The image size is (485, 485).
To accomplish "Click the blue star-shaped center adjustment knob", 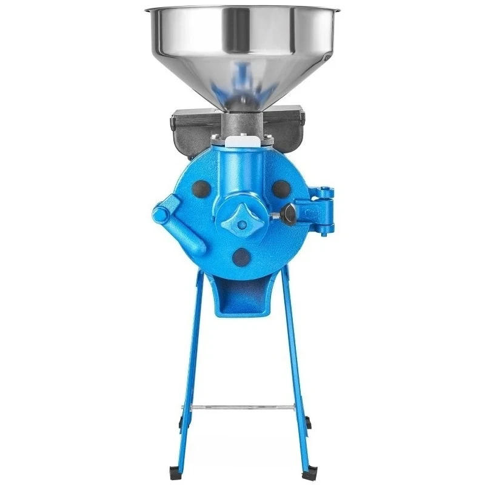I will click(x=242, y=224).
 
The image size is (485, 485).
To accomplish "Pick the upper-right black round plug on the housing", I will click(x=280, y=189).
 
